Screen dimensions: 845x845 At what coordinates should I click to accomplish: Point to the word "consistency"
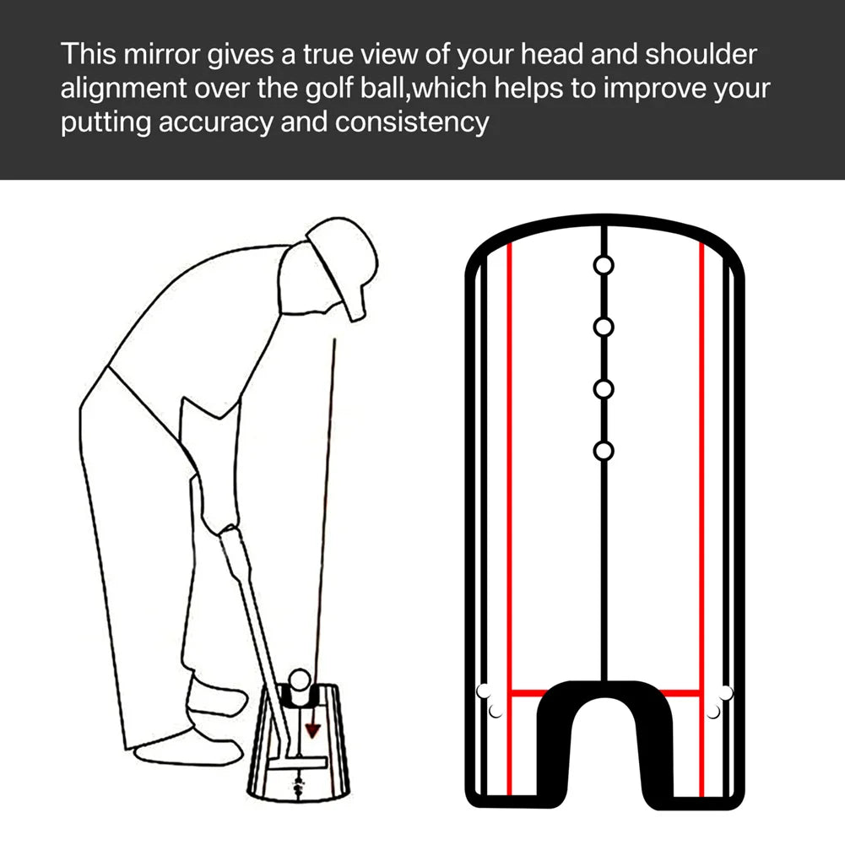[x=412, y=122]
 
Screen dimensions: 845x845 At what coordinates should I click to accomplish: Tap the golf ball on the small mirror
[x=300, y=678]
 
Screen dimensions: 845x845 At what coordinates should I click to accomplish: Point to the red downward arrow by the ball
[x=313, y=727]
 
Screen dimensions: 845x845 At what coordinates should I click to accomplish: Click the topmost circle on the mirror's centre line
[x=603, y=265]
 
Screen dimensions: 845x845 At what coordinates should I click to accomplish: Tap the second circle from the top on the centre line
[x=603, y=327]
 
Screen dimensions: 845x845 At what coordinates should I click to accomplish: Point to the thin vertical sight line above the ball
[x=328, y=506]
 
